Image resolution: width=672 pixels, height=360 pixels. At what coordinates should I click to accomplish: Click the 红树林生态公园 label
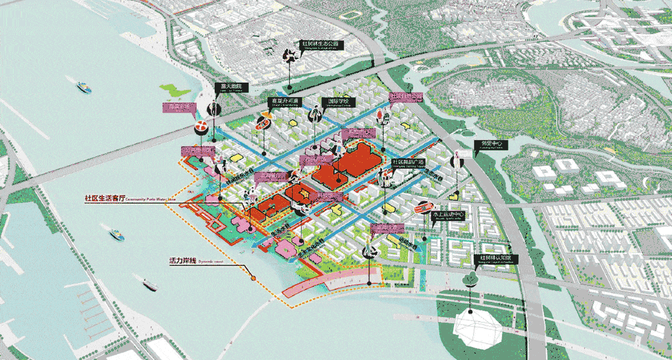(x=319, y=45)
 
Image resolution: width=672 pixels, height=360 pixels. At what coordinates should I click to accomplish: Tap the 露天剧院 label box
(x=231, y=88)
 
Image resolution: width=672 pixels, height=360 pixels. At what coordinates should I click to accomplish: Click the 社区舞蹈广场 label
(x=409, y=162)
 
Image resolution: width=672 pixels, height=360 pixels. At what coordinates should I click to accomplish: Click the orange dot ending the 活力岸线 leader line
(x=254, y=279)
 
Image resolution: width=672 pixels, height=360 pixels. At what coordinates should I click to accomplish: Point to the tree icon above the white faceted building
(x=470, y=280)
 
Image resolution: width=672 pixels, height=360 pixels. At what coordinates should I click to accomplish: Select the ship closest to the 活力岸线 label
(x=150, y=284)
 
